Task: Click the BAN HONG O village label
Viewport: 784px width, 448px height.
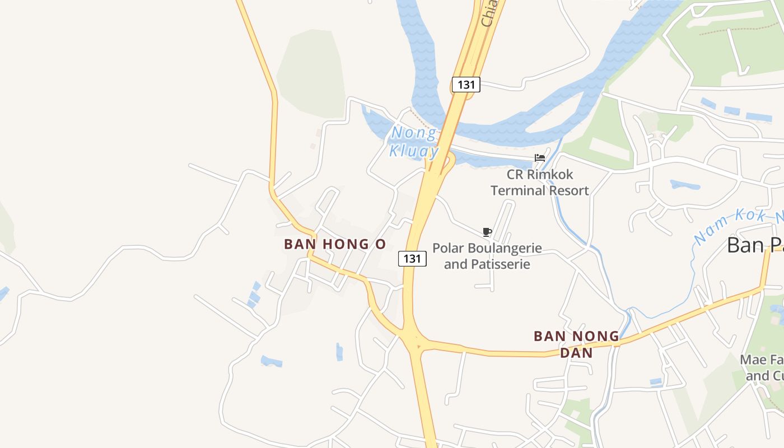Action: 335,244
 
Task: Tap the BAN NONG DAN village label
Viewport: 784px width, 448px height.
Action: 576,344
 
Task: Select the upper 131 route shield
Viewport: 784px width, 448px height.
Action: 466,85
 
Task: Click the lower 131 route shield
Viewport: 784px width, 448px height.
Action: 412,258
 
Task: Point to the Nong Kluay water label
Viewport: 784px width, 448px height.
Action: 414,142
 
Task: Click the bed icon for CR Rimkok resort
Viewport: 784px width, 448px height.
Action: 540,158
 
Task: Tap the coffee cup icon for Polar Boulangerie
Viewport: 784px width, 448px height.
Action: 487,232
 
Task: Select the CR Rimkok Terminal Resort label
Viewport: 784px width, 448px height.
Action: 540,183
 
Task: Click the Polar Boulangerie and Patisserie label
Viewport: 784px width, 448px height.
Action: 487,255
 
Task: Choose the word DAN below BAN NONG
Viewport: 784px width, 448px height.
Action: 576,353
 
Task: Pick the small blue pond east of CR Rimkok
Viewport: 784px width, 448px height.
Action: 684,184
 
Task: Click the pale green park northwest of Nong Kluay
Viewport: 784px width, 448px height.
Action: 311,73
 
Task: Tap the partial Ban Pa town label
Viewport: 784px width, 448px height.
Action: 755,245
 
